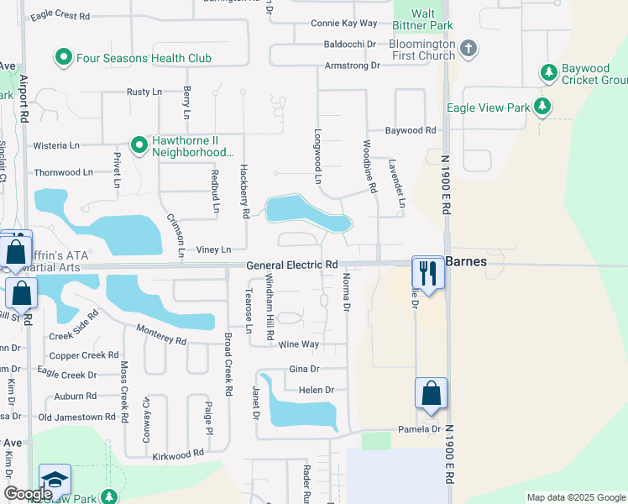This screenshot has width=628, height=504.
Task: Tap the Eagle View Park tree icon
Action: [543, 107]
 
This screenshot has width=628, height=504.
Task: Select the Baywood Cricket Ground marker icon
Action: [549, 73]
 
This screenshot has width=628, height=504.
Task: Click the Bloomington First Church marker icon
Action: [468, 49]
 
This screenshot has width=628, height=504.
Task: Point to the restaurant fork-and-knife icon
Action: [428, 272]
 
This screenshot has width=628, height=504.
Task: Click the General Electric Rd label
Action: [292, 265]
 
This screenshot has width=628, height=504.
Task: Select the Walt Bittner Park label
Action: [436, 19]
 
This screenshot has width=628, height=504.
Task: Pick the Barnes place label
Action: [466, 261]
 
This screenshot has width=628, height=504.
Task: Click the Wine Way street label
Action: [299, 344]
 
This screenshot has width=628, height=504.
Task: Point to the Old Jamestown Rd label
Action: [76, 417]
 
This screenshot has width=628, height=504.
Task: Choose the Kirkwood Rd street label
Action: [179, 454]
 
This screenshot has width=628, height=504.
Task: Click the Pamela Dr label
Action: [424, 429]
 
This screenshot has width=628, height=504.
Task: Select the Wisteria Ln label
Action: [56, 145]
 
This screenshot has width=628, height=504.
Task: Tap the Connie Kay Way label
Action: [343, 24]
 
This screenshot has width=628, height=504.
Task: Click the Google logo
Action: [28, 494]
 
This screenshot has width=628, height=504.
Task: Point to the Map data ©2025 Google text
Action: [575, 497]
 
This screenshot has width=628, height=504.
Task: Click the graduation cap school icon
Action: [55, 480]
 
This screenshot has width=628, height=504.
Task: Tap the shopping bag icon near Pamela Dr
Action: [431, 393]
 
